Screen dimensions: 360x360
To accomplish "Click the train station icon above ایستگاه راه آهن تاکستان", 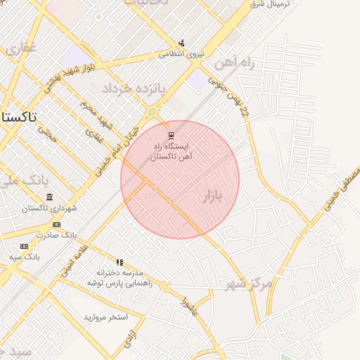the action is [170, 134].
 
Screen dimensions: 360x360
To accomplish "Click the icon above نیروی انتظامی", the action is [181, 43].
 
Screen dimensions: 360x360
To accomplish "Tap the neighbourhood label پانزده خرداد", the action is [133, 89].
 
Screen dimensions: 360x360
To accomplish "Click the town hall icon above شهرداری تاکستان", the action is [49, 198].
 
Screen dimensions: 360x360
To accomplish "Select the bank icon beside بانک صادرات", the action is [58, 224].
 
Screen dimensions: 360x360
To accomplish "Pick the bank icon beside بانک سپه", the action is [25, 246].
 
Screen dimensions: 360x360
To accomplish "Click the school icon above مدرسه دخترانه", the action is [120, 262].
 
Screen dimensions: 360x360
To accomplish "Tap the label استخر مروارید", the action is [106, 317].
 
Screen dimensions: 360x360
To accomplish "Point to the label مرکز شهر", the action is [248, 283].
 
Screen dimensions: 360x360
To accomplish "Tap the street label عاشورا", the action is [188, 307].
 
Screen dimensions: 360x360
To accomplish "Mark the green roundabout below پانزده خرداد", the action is [152, 111].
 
